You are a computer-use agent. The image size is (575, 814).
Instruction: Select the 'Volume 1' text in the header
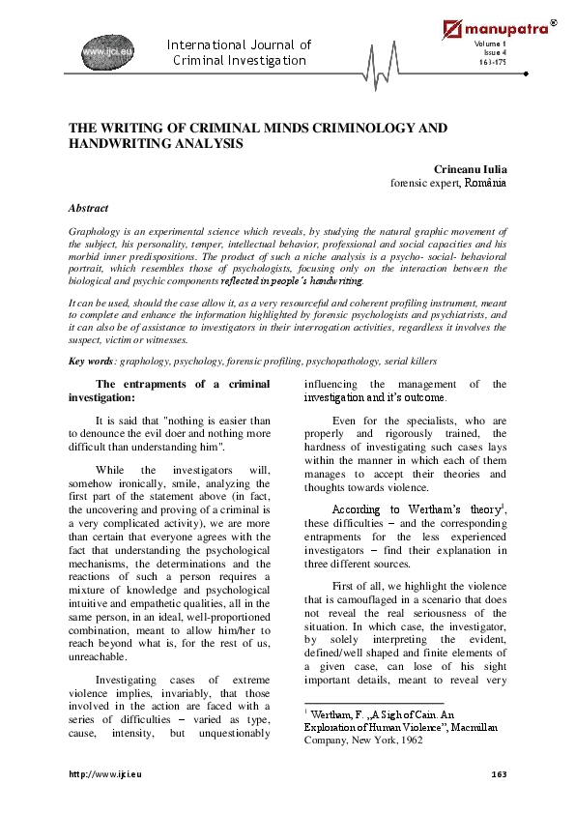[x=492, y=46]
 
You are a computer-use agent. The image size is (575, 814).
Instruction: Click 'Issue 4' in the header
[x=494, y=54]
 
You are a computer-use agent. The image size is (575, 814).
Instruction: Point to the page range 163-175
[x=492, y=63]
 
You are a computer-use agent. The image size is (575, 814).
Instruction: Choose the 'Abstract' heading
[x=88, y=208]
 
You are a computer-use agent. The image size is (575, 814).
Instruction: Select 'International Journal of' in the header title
[x=239, y=45]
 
